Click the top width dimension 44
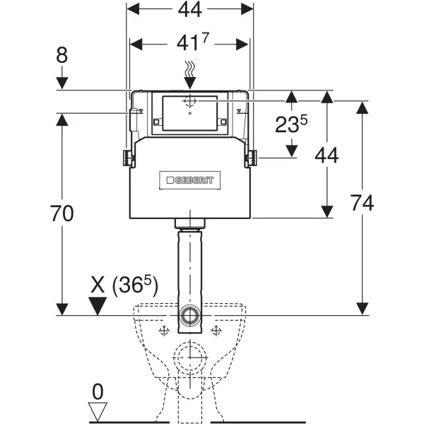coord(189,11)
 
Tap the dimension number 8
coord(63,54)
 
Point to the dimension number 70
coord(62,213)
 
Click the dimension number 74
coord(361,203)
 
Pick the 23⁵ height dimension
coord(291,126)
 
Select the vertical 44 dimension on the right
coord(326,157)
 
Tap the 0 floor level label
coord(98,391)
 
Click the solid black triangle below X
coord(97,306)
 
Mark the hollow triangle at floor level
coord(98,411)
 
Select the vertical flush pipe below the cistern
coord(189,269)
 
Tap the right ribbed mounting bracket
coord(249,158)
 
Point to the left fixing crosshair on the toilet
coord(164,330)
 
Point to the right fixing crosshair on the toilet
coord(216,330)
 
